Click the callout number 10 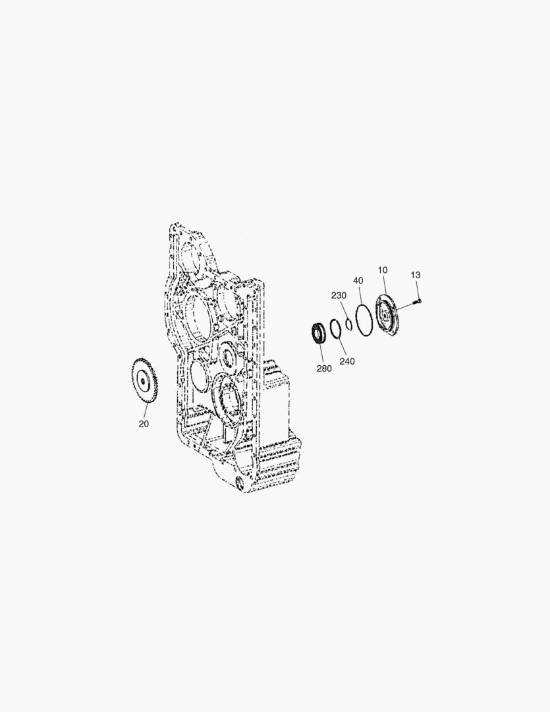pos(383,270)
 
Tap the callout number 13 pos(415,275)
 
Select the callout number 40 pos(358,281)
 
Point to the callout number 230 pos(339,295)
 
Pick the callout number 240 pos(347,361)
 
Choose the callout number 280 pos(324,369)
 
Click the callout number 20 pos(144,424)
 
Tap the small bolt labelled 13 pos(417,300)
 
